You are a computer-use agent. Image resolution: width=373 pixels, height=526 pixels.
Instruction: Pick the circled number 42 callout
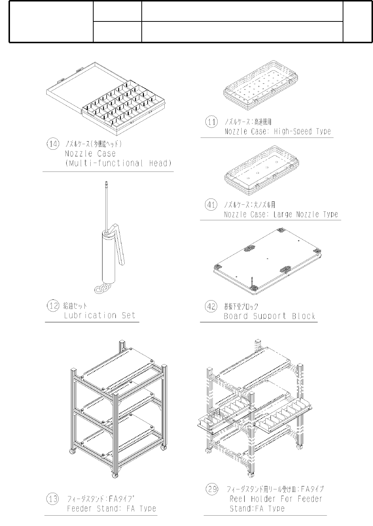pos(211,306)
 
